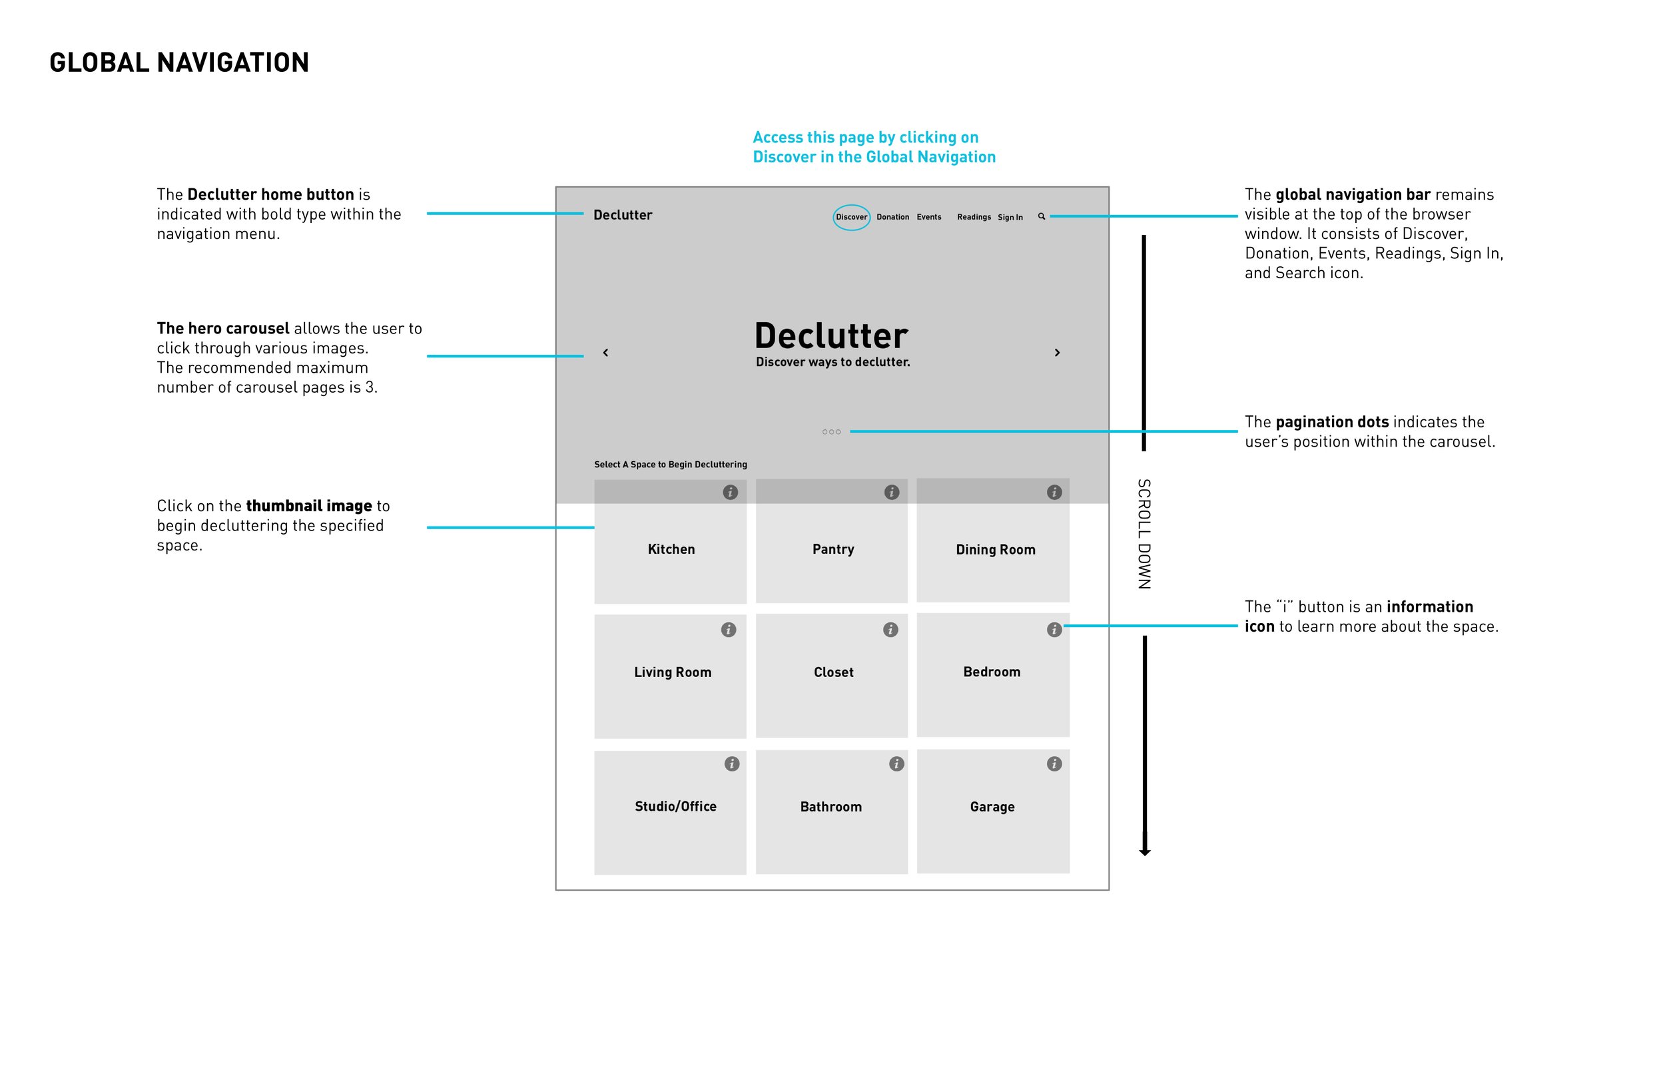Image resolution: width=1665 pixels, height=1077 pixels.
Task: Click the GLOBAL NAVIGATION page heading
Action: [179, 63]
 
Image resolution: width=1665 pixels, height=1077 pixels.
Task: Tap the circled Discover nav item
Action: [851, 218]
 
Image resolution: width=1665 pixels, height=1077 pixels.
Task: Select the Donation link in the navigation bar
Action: [892, 218]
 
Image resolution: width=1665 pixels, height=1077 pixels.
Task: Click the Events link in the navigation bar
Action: [929, 218]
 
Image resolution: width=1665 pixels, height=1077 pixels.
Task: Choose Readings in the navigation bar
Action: [974, 218]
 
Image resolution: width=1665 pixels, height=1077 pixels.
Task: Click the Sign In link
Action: [1010, 218]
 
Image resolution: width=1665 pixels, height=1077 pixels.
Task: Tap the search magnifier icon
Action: [1042, 217]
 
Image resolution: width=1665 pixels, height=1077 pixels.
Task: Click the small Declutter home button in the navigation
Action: [623, 216]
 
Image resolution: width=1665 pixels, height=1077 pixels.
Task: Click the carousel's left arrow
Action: [606, 353]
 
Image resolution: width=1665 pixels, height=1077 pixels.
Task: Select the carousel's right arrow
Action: [1057, 353]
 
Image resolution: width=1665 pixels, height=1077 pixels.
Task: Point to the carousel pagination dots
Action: [831, 432]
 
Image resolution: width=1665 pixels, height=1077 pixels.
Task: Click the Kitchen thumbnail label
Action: [671, 550]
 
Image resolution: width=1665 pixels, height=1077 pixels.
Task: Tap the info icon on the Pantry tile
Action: [891, 493]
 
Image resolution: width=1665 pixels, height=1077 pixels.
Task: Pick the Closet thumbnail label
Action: [833, 673]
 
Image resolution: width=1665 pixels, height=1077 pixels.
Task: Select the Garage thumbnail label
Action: [992, 807]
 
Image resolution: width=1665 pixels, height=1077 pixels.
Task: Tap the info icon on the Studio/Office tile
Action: [732, 764]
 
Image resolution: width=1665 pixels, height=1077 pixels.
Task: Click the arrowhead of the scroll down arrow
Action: [1144, 852]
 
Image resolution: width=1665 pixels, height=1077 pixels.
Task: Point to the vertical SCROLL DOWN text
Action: [1144, 535]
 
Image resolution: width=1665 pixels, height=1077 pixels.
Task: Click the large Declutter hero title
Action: [831, 336]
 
